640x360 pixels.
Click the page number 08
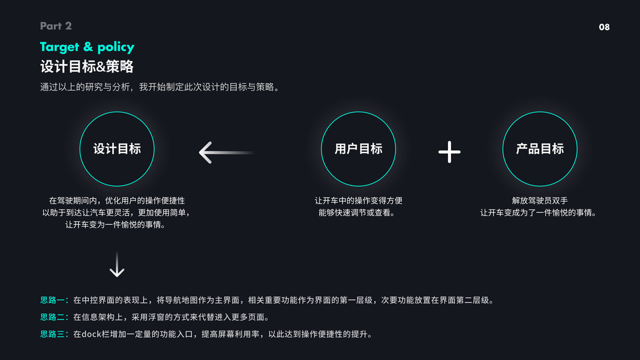(604, 27)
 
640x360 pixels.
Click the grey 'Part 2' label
(56, 26)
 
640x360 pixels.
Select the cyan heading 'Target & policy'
(87, 47)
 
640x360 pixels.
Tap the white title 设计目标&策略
(86, 66)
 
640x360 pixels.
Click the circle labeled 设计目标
(117, 149)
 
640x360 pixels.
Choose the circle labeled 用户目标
(359, 149)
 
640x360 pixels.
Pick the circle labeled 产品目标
(540, 149)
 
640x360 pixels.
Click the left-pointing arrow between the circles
(226, 152)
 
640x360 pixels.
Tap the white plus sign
(449, 152)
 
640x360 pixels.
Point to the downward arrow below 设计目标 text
(117, 265)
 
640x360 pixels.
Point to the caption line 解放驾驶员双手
(540, 201)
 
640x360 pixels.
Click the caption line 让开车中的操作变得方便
(359, 201)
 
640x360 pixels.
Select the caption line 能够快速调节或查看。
(359, 213)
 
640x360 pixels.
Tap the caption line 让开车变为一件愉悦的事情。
(117, 225)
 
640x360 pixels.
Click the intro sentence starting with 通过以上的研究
(161, 87)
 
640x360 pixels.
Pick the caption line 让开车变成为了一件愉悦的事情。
(540, 213)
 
